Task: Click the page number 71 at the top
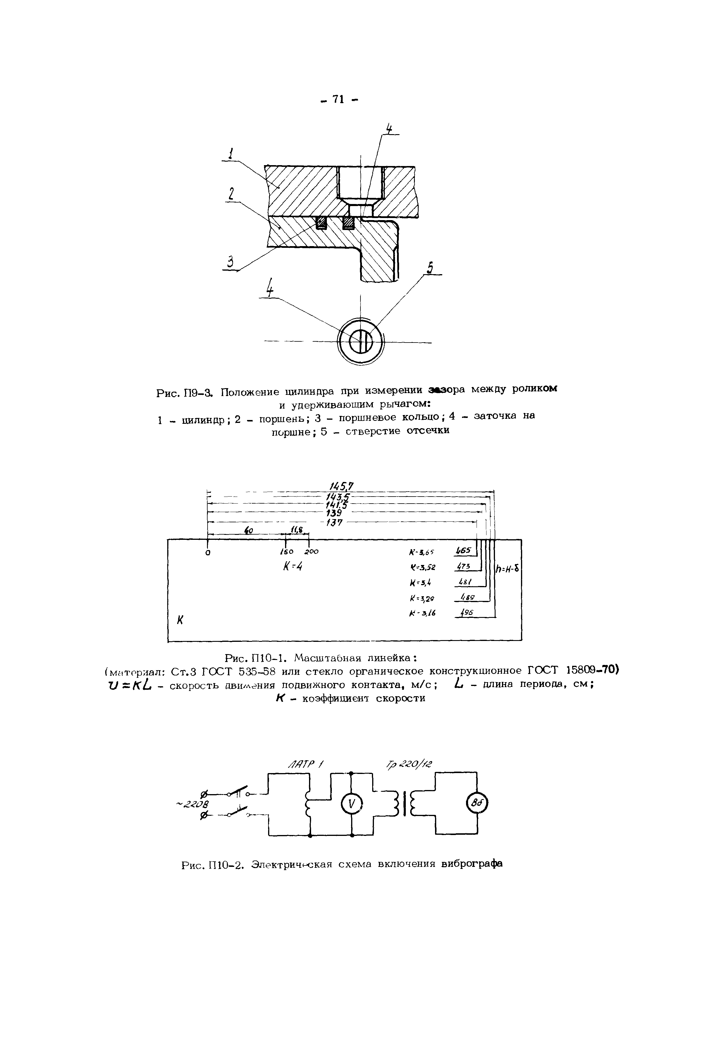pos(338,99)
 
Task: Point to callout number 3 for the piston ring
pos(230,262)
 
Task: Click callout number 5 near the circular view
pos(430,268)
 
